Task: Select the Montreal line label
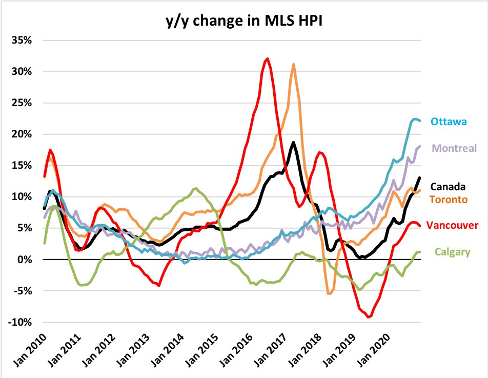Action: (x=455, y=148)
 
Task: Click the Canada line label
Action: (x=448, y=187)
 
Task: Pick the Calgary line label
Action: (x=452, y=252)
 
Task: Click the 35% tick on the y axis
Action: (x=25, y=40)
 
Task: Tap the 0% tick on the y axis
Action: (x=27, y=260)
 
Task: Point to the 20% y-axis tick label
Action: (x=25, y=134)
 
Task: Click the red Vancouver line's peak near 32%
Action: (x=267, y=58)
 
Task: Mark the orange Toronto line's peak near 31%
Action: (x=293, y=65)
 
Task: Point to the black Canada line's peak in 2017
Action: (x=293, y=143)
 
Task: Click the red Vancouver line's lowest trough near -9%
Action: (x=368, y=317)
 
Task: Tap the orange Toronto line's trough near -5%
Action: (x=329, y=293)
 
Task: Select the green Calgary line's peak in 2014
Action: (x=195, y=188)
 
